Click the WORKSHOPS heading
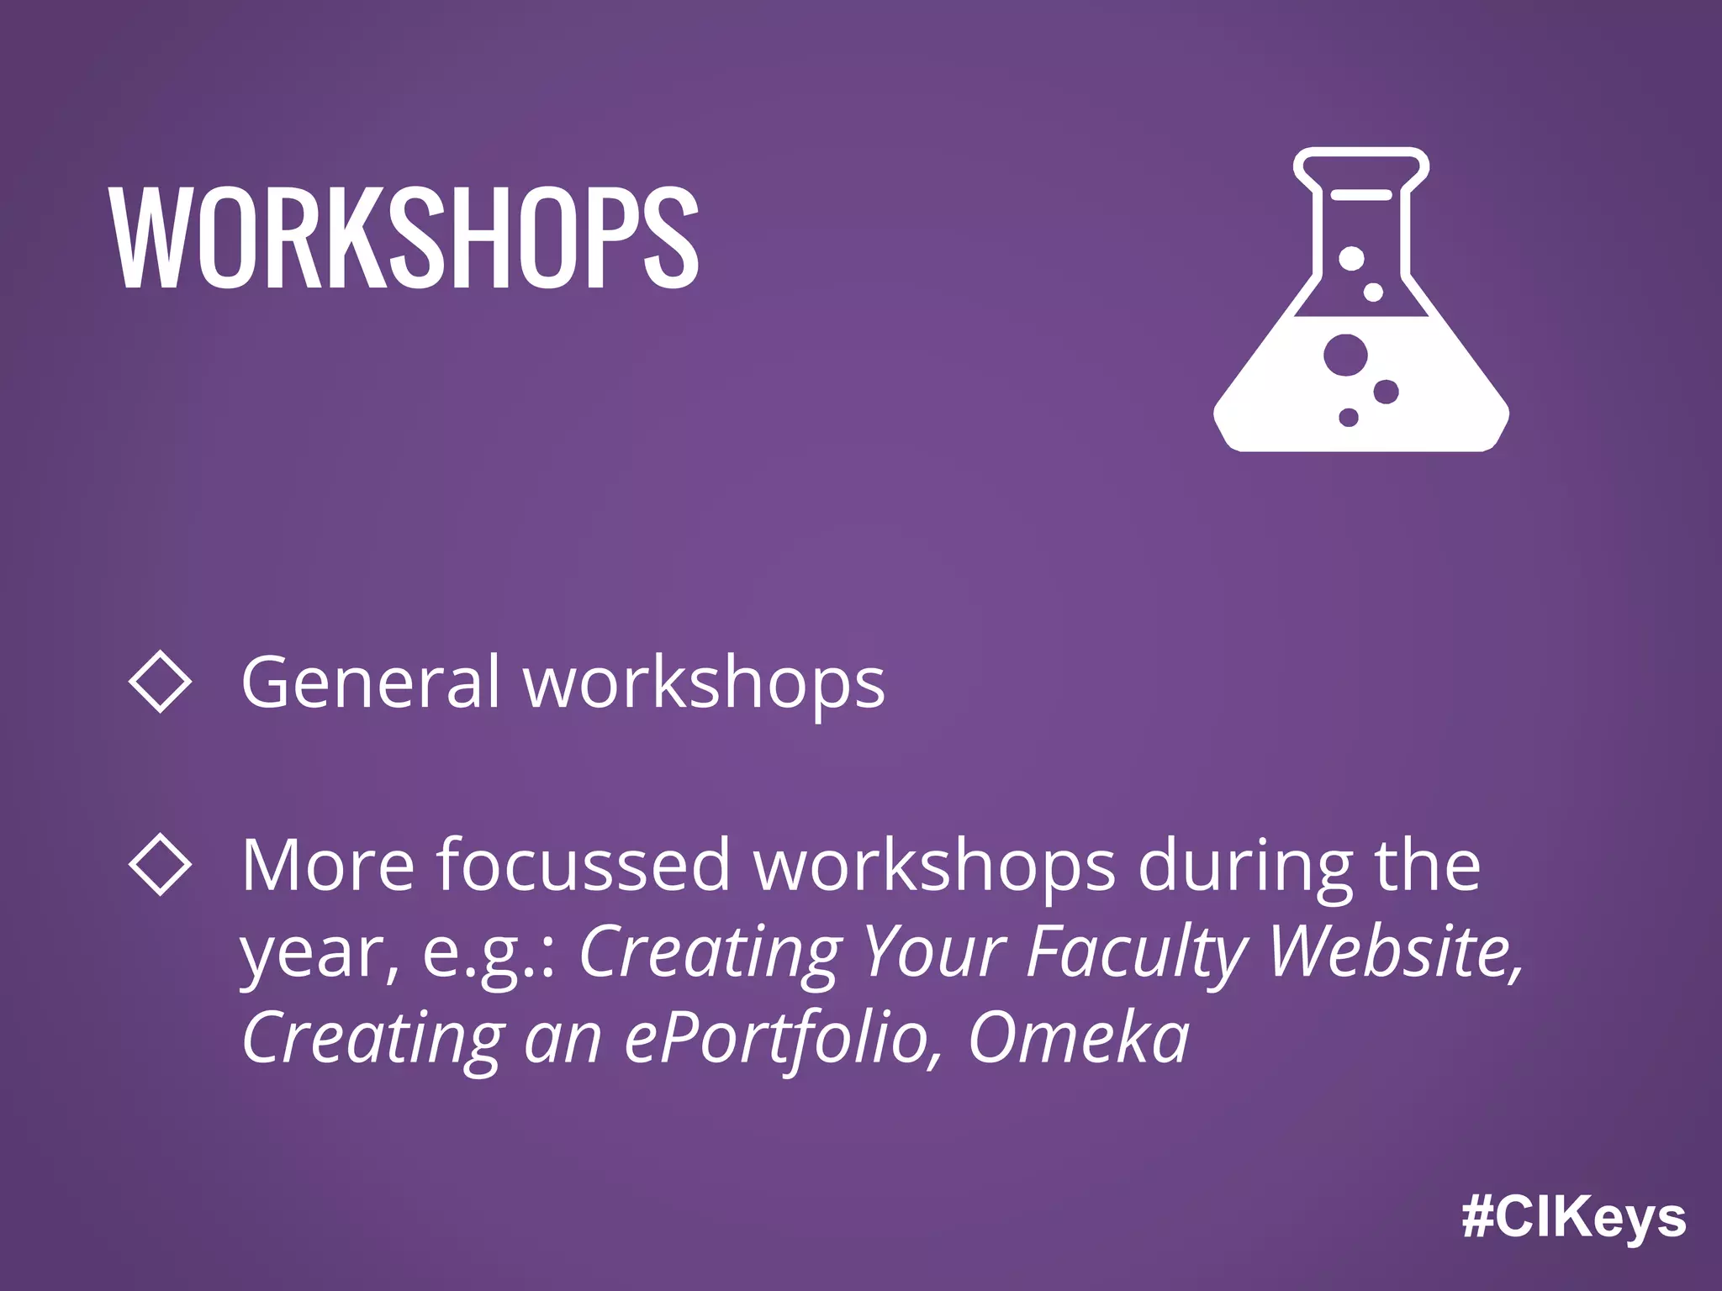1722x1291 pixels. point(404,238)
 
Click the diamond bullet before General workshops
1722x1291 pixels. point(160,682)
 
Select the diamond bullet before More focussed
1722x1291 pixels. point(160,864)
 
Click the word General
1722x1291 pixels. point(370,682)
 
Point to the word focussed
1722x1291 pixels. point(583,866)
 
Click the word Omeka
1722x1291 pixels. point(1079,1038)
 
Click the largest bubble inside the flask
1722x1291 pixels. point(1344,354)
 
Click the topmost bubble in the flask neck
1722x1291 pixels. point(1351,258)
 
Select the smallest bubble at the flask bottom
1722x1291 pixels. point(1349,417)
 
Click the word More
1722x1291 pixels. point(328,866)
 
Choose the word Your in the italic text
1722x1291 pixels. point(934,952)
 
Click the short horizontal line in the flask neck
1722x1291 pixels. point(1360,195)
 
